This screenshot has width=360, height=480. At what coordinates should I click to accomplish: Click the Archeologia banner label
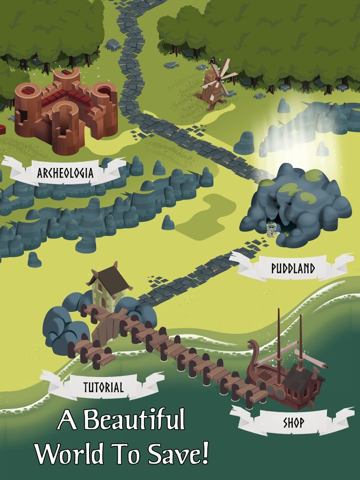[65, 173]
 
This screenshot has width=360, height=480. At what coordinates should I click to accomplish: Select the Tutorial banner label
[103, 387]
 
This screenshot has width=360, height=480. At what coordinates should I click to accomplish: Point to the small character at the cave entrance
[271, 230]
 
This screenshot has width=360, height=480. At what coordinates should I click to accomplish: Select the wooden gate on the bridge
[109, 328]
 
